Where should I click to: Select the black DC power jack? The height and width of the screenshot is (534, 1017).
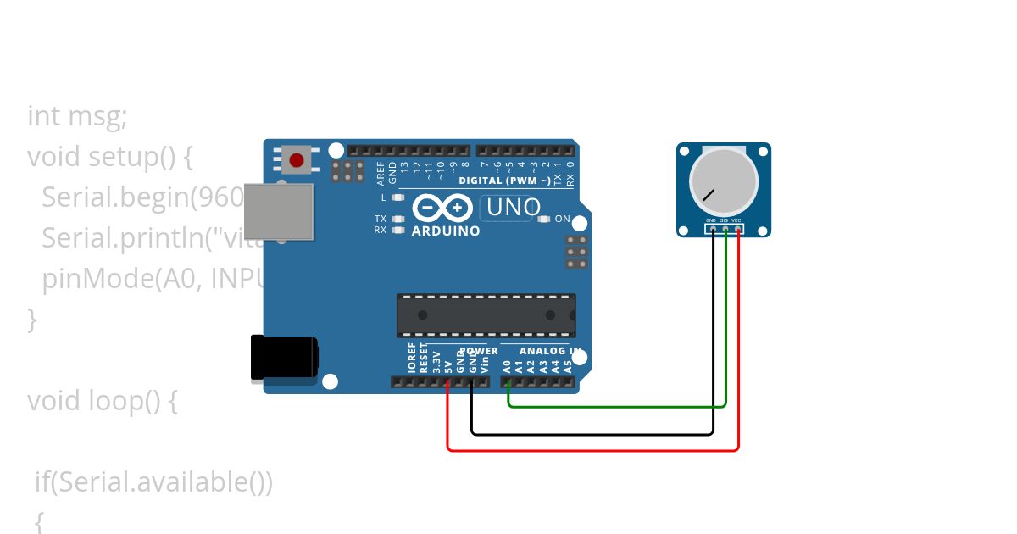point(284,358)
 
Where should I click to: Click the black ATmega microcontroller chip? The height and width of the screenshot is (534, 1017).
point(486,315)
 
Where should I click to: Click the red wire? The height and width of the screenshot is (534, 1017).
point(593,450)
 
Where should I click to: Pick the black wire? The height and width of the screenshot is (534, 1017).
point(593,434)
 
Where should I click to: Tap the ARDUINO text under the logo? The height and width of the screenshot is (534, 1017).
point(446,231)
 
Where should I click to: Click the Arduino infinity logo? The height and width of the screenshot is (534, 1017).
point(441,208)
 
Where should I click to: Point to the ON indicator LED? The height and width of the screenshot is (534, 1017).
point(544,219)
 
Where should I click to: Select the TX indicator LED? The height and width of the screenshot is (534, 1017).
point(397,219)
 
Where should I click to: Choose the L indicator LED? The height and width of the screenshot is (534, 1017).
point(397,197)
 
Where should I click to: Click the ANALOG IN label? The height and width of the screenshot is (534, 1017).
point(550,351)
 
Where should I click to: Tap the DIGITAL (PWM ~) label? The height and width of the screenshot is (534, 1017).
point(503,181)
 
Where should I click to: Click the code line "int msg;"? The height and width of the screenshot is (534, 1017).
point(77,116)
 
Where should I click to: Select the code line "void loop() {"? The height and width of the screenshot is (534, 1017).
point(102,400)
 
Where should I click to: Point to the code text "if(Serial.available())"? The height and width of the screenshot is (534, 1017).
point(153,482)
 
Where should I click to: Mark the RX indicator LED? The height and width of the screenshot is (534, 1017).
point(397,230)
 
